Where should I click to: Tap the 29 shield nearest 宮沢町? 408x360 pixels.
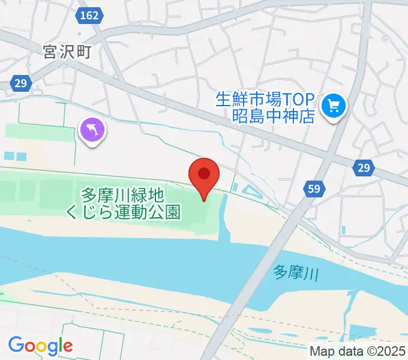coord(20,84)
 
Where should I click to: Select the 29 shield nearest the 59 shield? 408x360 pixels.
coord(364,169)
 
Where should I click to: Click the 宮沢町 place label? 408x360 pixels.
coord(67,53)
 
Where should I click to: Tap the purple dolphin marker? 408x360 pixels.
coord(92,130)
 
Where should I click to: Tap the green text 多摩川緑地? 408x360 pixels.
coord(123,195)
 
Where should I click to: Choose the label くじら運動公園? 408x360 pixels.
coord(131,212)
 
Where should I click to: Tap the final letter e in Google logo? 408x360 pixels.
coord(67,346)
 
